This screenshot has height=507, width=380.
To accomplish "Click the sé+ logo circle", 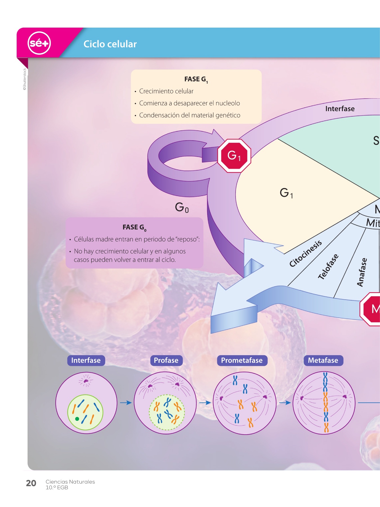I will [x=39, y=43].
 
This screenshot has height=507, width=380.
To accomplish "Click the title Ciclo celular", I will [x=110, y=44].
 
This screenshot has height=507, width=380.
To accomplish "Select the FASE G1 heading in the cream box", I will [x=196, y=79].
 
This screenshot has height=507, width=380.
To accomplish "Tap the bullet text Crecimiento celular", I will [x=166, y=91].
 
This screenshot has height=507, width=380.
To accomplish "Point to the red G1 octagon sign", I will [x=234, y=155].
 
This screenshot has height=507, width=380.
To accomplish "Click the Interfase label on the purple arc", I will [x=340, y=109].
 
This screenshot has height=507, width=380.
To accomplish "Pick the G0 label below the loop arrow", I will [x=182, y=207].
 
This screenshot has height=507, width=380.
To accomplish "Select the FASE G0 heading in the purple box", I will [x=134, y=228].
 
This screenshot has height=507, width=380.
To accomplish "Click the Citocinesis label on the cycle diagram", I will [x=305, y=253].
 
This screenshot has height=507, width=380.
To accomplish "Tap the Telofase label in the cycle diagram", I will [x=328, y=266].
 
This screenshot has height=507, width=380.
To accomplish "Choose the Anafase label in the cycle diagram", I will [x=362, y=272].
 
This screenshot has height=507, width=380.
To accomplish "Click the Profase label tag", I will [x=166, y=361].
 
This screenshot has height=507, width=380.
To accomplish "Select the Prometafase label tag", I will [x=242, y=361].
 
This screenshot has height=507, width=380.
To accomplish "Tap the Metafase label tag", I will [x=323, y=361].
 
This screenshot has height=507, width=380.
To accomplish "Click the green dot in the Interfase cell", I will [x=77, y=419].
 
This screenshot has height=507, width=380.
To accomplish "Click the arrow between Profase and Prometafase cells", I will [x=205, y=403].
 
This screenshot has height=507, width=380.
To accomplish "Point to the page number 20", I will [x=31, y=483].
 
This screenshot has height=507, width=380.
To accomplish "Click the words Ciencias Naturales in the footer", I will [x=70, y=482].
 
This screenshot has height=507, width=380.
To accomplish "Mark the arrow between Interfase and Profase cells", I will [x=126, y=403].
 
